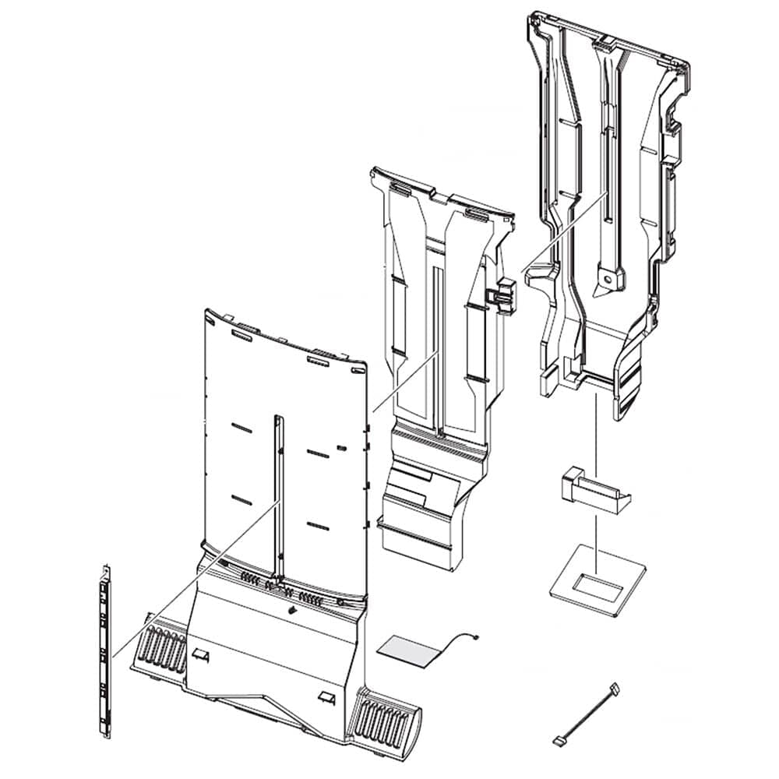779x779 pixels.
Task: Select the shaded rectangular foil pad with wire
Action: coord(407,650)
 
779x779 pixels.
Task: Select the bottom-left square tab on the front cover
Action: coord(201,654)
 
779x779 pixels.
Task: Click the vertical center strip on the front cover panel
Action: coord(278,499)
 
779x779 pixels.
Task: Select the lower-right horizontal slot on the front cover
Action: coord(317,526)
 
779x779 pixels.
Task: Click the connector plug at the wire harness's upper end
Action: coord(615,688)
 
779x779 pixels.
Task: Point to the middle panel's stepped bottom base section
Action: coord(421,506)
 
